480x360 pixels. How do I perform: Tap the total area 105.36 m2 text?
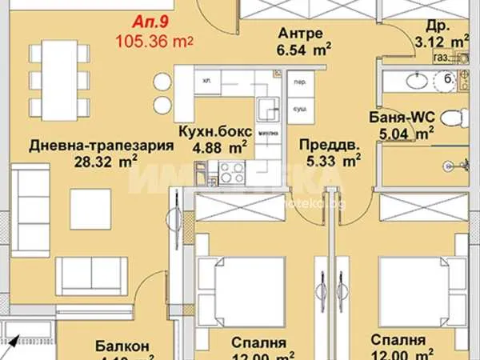pos(156,40)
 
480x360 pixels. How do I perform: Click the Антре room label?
pos(301,33)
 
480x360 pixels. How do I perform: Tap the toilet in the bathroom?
pos(453,119)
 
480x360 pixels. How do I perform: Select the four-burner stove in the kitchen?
pos(232,170)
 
